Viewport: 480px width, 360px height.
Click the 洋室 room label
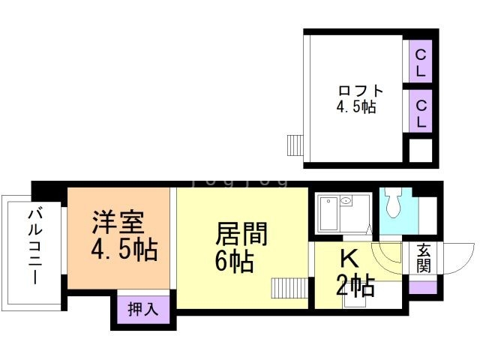[118, 222]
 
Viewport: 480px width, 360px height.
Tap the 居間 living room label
[241, 233]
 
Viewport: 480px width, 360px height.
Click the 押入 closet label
[143, 309]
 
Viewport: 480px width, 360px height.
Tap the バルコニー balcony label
[35, 247]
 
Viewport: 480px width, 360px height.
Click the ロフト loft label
[361, 91]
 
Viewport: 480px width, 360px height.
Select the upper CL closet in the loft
[421, 61]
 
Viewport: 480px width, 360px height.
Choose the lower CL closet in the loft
[421, 112]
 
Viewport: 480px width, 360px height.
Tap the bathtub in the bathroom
[328, 214]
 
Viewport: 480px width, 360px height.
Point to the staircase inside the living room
[289, 288]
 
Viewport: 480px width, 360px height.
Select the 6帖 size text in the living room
[235, 261]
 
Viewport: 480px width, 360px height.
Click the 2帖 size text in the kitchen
[355, 286]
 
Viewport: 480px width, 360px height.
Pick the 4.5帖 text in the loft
[356, 107]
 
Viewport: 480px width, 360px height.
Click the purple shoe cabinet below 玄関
[423, 288]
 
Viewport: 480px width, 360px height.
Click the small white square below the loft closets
[421, 151]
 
